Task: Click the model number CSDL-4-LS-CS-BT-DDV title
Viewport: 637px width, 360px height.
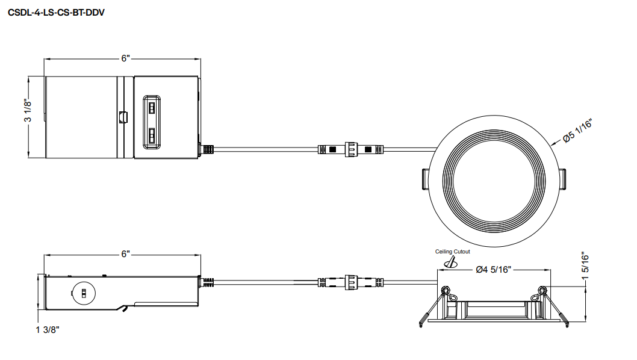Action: point(56,13)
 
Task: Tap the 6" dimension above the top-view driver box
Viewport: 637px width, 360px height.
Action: point(125,58)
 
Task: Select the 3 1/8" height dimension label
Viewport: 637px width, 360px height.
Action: point(28,110)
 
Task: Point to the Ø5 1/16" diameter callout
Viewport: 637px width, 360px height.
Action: point(577,131)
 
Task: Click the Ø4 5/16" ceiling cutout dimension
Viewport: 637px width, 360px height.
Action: point(493,269)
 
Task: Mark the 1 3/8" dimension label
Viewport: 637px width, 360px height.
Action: point(48,329)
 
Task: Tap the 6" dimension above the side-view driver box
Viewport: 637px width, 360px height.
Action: point(125,254)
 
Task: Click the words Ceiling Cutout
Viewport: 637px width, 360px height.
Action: point(453,252)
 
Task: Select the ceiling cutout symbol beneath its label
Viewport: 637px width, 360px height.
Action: point(450,262)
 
